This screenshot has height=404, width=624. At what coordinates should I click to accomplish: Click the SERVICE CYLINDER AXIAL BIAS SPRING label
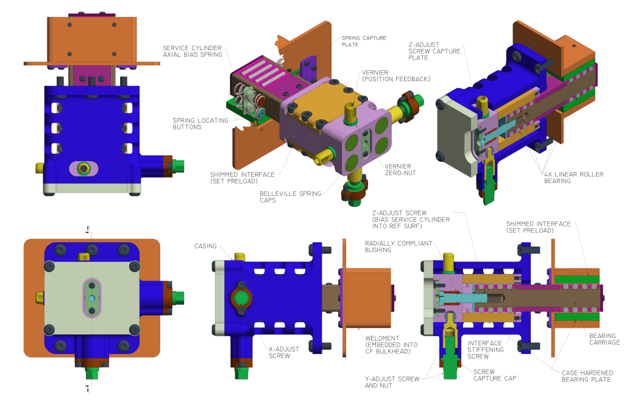click(x=192, y=51)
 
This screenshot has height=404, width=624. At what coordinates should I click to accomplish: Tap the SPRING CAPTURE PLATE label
click(x=364, y=41)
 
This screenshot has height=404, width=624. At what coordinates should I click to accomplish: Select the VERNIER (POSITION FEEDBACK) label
click(x=396, y=76)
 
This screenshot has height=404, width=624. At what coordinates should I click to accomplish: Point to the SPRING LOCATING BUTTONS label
click(x=200, y=123)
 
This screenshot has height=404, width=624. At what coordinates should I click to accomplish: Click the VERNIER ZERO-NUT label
click(x=400, y=169)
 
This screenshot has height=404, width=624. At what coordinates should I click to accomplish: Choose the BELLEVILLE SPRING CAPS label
click(x=290, y=197)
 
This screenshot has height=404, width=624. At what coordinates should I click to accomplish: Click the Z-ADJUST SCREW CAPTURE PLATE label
click(x=434, y=51)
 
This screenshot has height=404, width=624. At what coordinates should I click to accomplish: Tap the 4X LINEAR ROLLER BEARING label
click(x=573, y=178)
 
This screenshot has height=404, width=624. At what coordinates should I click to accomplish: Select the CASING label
click(x=205, y=246)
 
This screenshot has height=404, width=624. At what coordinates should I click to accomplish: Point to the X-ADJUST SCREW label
click(x=284, y=352)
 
